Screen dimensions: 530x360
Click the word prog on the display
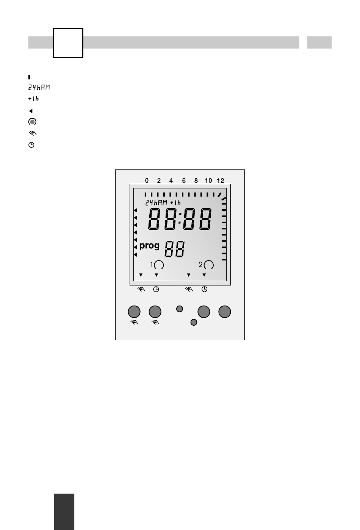[149, 246]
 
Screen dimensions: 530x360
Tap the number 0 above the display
[147, 181]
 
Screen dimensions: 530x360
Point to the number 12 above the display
[220, 181]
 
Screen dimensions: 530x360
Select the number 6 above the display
[184, 181]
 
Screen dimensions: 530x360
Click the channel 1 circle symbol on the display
[159, 265]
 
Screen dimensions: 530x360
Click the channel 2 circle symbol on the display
[209, 265]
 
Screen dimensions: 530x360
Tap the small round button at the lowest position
[194, 322]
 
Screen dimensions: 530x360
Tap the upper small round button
[180, 309]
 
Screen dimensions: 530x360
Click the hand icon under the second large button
[155, 322]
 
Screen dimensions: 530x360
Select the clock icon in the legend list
[31, 145]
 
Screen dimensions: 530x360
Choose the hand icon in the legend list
[32, 133]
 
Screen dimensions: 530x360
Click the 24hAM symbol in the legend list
[39, 88]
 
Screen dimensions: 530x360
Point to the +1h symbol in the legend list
[33, 99]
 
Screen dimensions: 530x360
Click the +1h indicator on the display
[175, 203]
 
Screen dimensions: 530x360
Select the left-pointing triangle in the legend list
[31, 111]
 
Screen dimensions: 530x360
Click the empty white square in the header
[68, 42]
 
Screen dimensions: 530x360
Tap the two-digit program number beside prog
[175, 249]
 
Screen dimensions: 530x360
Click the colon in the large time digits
[180, 220]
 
